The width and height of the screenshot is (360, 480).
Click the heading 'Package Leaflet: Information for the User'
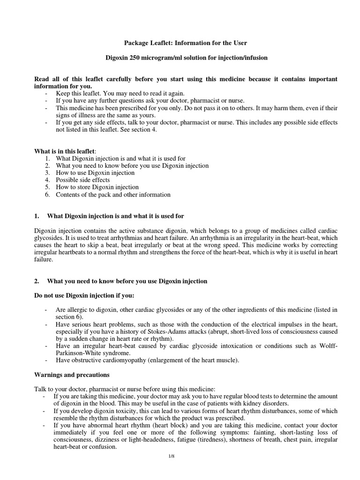185,43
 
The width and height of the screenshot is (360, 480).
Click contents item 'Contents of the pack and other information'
113,195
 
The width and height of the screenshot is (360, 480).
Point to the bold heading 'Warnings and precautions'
72,375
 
